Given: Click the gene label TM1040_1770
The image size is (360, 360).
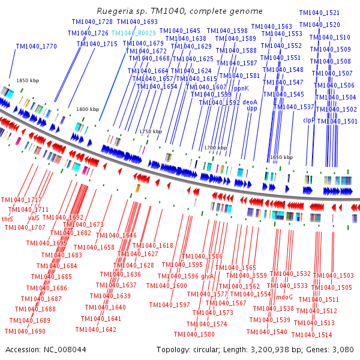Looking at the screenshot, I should [x=37, y=46].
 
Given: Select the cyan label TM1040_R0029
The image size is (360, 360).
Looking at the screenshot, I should [x=134, y=34].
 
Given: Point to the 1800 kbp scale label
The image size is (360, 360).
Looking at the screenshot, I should [x=88, y=109].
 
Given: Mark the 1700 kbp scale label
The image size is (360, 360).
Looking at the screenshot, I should [x=215, y=148].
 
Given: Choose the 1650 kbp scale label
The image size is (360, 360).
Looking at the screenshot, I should [x=281, y=157].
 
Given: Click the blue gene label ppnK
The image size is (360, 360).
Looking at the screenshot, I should [x=241, y=88].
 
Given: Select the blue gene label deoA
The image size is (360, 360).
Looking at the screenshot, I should [x=250, y=102].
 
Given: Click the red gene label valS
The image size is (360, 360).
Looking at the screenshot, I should [x=34, y=218].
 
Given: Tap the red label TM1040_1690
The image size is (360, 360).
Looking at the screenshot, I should [x=25, y=331].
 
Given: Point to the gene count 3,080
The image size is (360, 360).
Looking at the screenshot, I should [x=343, y=349].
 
